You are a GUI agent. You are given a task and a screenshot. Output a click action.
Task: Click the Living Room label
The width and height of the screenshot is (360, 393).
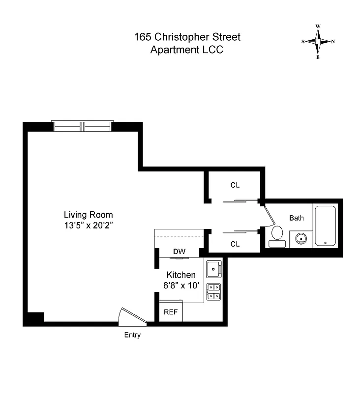pos(88,215)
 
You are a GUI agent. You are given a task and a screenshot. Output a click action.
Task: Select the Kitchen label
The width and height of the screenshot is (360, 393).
pos(181,275)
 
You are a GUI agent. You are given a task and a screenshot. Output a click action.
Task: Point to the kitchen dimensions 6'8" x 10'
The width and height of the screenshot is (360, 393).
pos(181,285)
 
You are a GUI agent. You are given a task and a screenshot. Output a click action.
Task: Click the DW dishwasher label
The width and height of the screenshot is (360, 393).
pos(179,252)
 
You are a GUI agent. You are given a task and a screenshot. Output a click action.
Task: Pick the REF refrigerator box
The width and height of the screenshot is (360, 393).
pos(171,312)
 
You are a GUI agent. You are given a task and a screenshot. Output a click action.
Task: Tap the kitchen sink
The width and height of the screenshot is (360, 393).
pos(213,269)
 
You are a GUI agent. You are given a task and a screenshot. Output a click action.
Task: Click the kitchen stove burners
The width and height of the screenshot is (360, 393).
pos(213,292)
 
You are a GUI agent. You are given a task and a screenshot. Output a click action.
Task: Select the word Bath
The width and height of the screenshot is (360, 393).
pos(296,218)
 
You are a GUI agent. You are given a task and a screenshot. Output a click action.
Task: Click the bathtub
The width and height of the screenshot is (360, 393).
pos(325,226)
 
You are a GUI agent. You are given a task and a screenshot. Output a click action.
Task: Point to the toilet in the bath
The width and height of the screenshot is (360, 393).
pos(277,236)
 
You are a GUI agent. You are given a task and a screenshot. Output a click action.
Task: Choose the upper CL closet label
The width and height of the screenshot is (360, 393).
pos(235,185)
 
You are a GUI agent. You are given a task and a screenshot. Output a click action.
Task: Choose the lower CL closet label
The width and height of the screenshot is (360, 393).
pos(235,244)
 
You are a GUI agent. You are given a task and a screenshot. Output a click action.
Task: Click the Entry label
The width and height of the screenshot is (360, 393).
pos(132,335)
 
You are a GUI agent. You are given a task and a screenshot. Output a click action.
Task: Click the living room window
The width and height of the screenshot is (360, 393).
pos(83,126)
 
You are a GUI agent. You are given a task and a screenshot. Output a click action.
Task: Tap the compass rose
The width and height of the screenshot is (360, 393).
pos(318,42)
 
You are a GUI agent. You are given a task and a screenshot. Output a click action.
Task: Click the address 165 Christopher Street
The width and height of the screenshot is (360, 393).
pos(187,37)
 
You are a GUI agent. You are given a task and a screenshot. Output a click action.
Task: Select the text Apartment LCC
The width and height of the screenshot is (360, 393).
pos(187,50)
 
